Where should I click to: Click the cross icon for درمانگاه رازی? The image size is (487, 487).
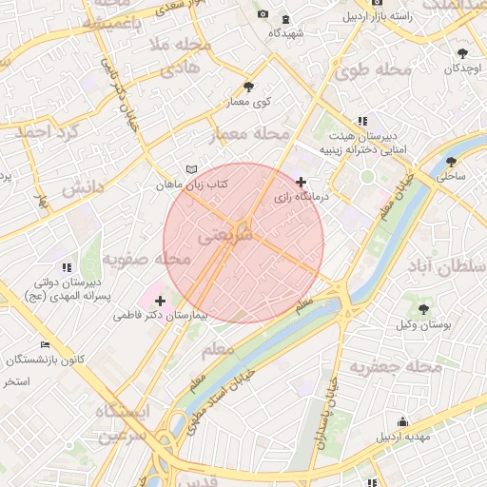click(x=302, y=182)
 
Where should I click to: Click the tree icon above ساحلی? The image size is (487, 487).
click(x=451, y=160)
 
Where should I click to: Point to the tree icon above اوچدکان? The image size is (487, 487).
click(x=462, y=53)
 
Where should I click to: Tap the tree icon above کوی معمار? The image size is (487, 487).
click(x=249, y=86)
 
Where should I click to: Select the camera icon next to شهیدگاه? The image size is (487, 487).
click(x=285, y=18)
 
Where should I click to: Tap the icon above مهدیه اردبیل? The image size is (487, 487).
click(x=402, y=421)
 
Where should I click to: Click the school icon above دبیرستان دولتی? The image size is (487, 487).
click(x=66, y=267)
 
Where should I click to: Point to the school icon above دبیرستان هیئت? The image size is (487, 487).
click(x=362, y=121)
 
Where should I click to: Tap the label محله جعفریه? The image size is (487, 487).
click(x=396, y=366)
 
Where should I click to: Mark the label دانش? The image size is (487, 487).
click(x=82, y=187)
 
